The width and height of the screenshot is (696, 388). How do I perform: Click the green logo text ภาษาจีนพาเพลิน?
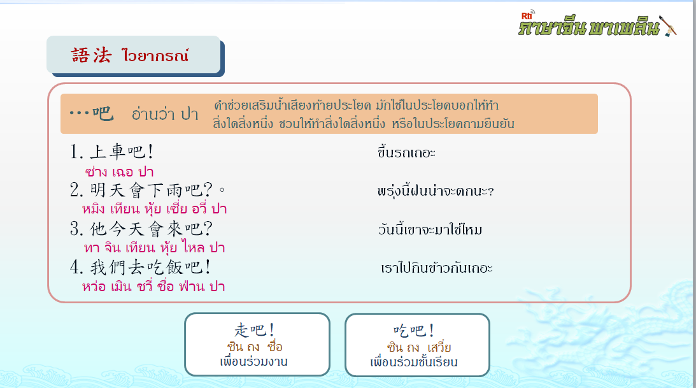pos(588,27)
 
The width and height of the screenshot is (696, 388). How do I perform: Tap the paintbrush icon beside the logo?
pos(668,25)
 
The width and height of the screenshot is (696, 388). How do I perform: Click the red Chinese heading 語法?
pos(91,55)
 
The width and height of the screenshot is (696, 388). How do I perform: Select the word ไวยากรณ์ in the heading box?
pos(155,55)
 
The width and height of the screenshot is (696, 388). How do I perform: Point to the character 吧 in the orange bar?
pos(103,113)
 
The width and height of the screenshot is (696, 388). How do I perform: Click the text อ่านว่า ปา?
pos(165,114)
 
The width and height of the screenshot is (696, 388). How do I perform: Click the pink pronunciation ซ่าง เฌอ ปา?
pos(119,172)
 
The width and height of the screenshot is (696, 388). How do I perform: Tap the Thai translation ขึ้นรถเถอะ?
pos(407,153)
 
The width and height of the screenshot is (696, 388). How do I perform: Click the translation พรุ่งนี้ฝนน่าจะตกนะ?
pos(436,191)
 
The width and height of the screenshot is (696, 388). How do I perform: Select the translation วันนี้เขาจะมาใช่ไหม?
pos(430,229)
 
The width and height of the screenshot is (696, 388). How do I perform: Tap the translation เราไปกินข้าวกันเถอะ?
pos(437,268)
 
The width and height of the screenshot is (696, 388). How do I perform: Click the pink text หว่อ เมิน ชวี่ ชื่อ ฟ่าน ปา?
pos(153,286)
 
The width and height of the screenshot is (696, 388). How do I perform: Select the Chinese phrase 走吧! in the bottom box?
pos(254,330)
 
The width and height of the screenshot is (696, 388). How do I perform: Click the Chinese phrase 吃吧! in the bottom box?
pos(414,331)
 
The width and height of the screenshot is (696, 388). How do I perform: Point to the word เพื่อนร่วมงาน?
pos(253,362)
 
